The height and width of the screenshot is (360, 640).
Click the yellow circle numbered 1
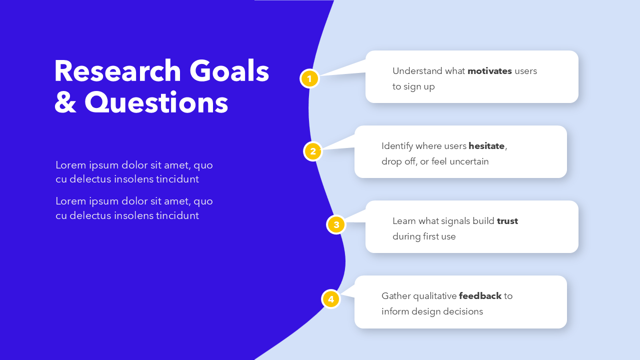pos(309,78)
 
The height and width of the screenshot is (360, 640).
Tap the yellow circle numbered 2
pos(313,151)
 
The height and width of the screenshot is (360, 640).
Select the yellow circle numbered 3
pos(336,224)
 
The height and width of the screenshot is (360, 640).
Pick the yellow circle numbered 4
pos(330,299)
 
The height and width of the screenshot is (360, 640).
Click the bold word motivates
pos(489,71)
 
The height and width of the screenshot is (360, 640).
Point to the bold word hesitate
pos(486,146)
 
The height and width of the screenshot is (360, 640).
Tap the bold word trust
pos(507,221)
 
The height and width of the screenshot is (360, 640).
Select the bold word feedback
pos(480,296)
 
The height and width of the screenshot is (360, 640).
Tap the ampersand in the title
pos(64,103)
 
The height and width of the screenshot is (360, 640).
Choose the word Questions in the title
pos(156,103)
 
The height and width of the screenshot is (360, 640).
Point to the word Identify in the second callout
pos(397,146)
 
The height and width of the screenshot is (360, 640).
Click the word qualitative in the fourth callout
pos(433,296)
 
